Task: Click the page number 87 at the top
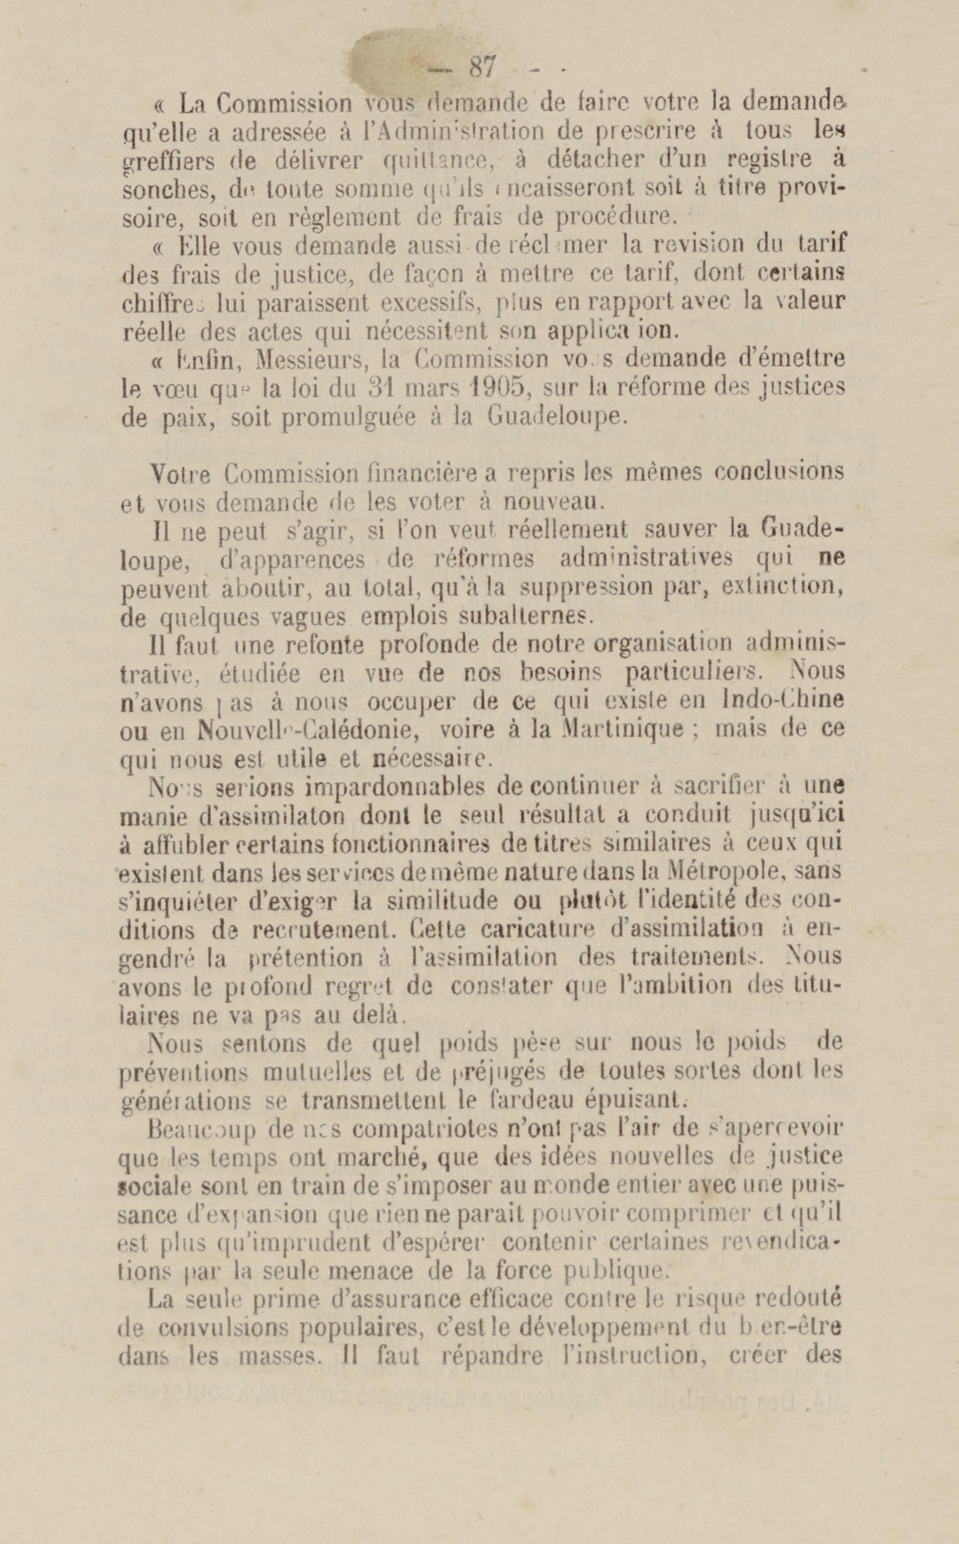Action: tap(482, 67)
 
